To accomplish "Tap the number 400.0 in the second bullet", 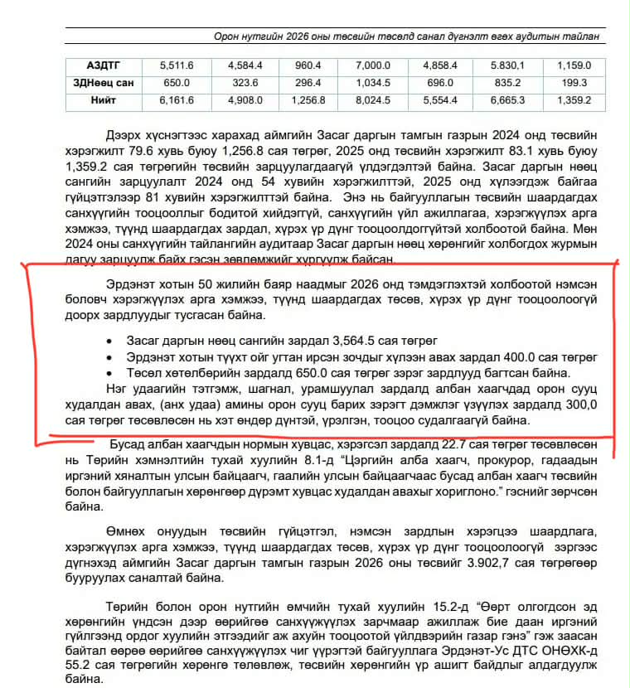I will point(470,357).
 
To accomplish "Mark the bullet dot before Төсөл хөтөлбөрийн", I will point(110,374).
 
